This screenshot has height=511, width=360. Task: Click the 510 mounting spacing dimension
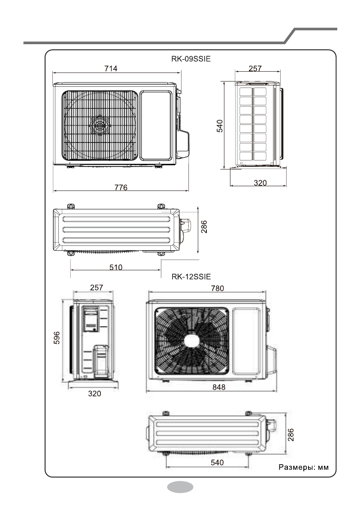click(116, 267)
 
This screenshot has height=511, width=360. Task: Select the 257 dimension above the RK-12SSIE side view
click(96, 287)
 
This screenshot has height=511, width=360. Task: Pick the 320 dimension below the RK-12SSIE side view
click(92, 393)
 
